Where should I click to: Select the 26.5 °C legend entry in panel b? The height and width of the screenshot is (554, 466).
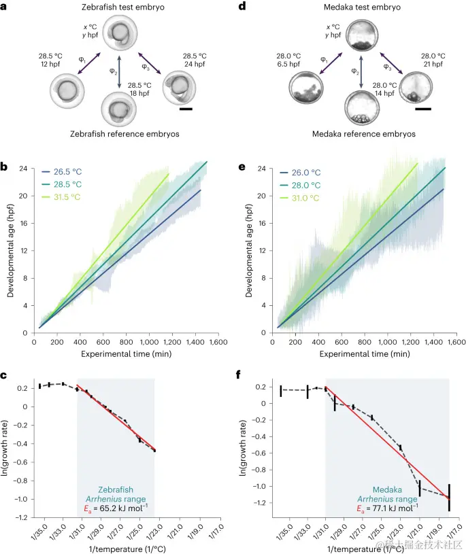72,173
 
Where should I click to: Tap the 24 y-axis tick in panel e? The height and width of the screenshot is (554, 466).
263,169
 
